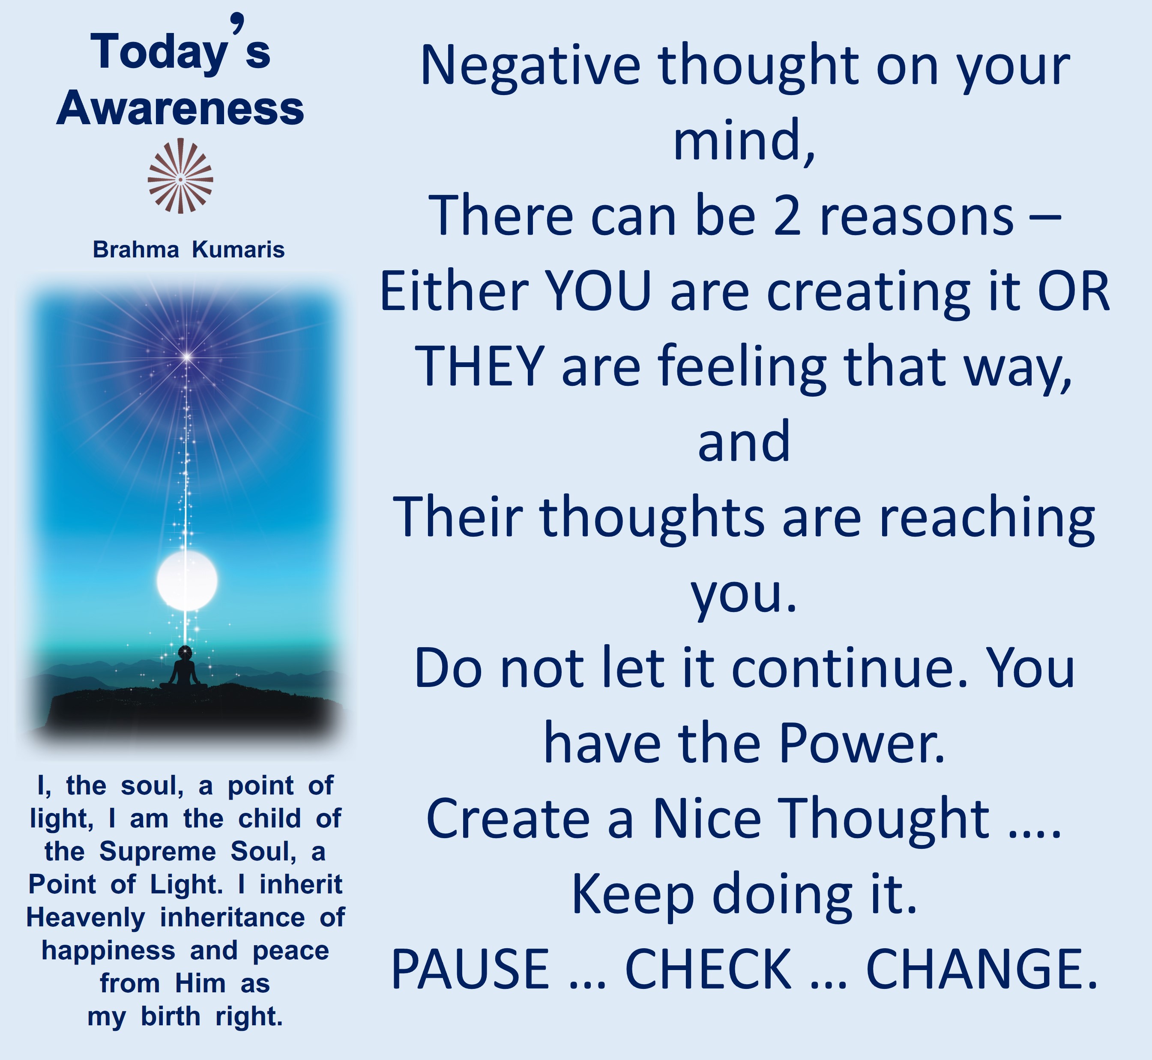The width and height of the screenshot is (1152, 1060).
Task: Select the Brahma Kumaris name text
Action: (189, 250)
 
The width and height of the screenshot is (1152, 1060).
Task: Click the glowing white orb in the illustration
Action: (187, 580)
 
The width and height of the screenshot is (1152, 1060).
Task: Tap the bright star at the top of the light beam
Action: (187, 357)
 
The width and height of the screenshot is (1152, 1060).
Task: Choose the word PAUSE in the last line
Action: (470, 969)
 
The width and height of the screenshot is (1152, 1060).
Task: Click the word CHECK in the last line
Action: (708, 969)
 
